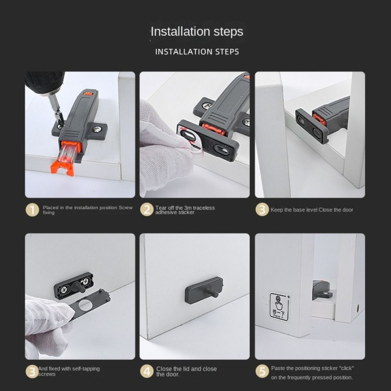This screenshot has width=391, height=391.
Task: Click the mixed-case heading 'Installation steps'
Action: (x=197, y=31)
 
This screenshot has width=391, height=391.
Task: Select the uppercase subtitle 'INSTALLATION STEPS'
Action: (x=197, y=52)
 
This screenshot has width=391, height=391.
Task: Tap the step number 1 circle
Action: (x=32, y=210)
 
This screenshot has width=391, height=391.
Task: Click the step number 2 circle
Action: (x=147, y=210)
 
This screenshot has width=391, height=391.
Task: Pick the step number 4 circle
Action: (x=147, y=371)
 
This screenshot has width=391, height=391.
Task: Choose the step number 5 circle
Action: (x=262, y=371)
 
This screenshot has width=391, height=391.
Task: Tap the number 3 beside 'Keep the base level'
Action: (x=262, y=210)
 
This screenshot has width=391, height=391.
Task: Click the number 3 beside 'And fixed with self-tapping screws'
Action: (x=32, y=371)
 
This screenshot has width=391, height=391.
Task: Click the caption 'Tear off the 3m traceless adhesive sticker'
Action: (x=185, y=210)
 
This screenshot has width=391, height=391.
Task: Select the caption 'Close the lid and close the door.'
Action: (x=186, y=371)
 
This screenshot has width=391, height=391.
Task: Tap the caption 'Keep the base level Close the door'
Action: (x=312, y=210)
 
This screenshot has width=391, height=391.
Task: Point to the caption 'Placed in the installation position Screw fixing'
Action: (x=88, y=210)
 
